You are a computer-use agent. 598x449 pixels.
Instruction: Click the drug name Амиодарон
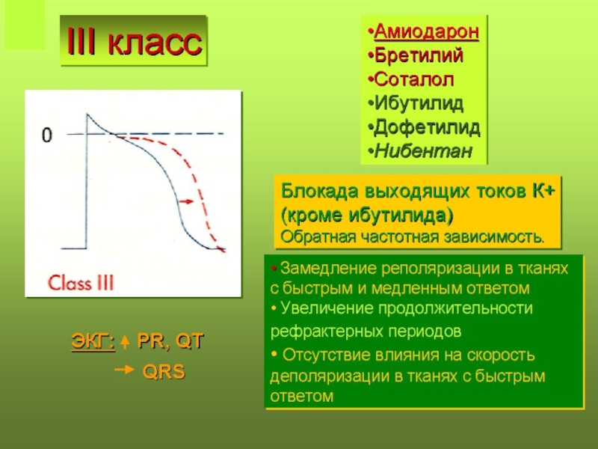[426, 31]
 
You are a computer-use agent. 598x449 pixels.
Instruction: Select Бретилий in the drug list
[419, 55]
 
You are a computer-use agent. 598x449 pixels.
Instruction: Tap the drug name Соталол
[414, 79]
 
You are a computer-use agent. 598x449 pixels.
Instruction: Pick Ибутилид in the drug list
[419, 103]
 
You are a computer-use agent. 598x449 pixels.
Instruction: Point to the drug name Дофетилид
[427, 127]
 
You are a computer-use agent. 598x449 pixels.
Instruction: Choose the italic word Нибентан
[423, 150]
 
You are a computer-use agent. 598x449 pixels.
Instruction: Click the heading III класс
[134, 41]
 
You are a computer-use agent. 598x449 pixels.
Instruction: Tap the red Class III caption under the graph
[81, 283]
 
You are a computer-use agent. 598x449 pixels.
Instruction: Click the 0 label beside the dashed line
[46, 135]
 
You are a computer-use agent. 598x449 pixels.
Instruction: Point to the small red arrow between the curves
[186, 201]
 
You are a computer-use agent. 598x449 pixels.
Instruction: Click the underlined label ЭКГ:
[93, 341]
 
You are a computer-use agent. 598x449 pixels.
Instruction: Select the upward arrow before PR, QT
[125, 342]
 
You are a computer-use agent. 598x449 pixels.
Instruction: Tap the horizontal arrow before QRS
[125, 369]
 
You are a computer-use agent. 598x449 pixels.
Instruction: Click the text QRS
[164, 371]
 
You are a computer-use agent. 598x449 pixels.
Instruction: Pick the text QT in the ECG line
[190, 341]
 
